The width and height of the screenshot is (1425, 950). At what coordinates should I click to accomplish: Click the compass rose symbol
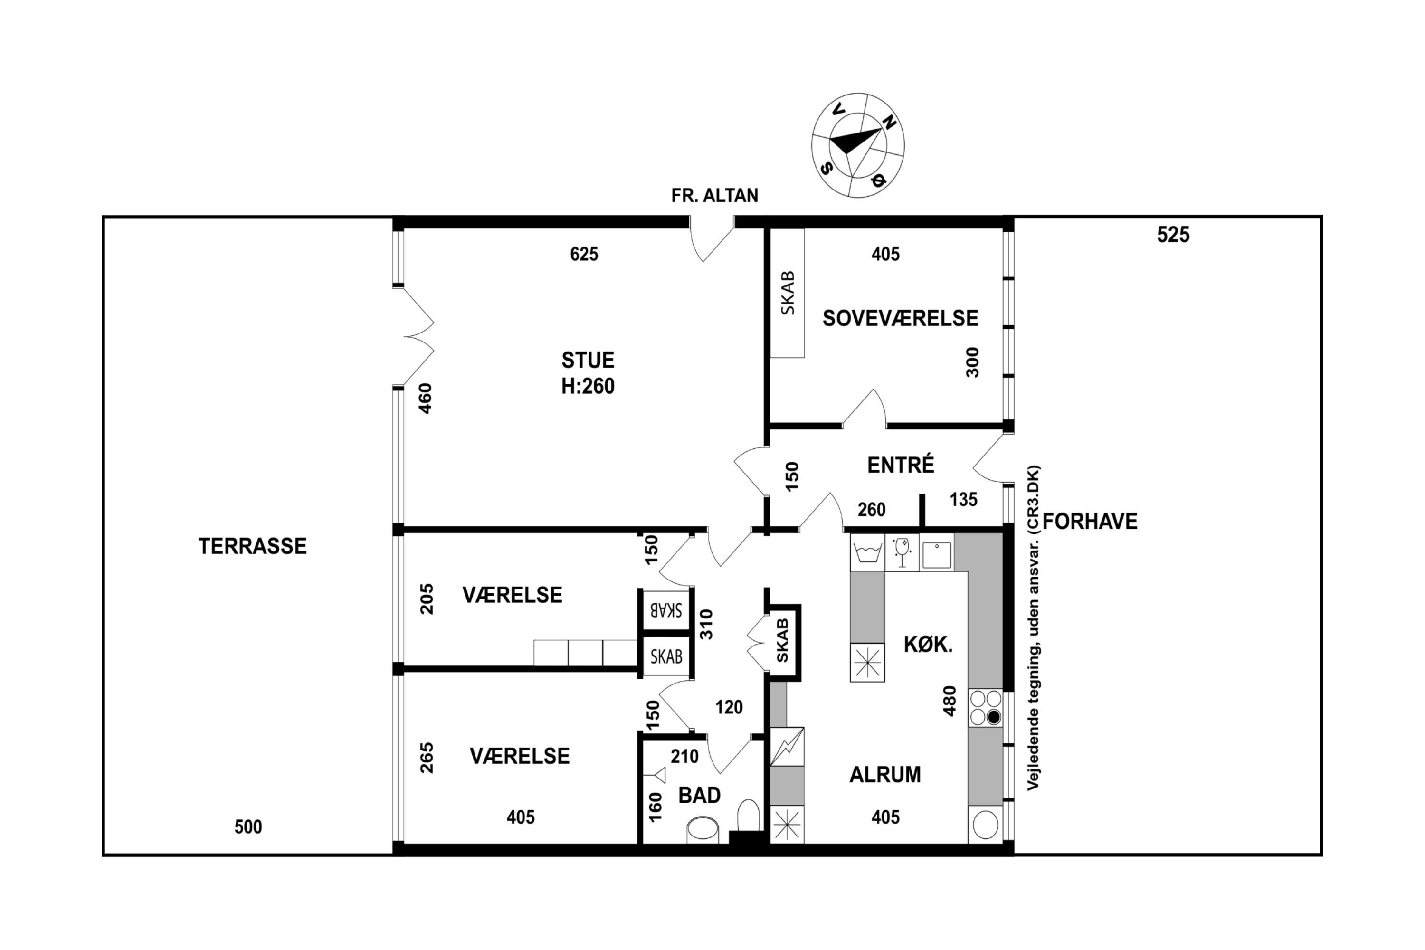(857, 145)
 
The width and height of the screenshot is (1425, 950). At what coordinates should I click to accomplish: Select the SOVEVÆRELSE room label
(900, 318)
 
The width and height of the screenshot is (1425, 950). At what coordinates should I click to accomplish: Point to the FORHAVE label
(1090, 521)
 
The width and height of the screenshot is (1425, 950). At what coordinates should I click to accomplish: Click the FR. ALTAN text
(714, 195)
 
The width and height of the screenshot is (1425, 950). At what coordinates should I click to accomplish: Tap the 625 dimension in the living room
(584, 254)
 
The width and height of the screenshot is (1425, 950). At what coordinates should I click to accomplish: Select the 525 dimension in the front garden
(1173, 235)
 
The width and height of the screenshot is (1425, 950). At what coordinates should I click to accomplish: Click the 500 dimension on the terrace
(248, 826)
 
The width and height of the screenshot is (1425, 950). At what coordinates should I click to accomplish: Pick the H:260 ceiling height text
(588, 386)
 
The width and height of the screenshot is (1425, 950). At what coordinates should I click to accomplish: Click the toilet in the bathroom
(748, 816)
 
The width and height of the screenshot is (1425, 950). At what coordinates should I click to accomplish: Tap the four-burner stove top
(986, 708)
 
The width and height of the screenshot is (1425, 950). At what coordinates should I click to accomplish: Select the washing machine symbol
(868, 552)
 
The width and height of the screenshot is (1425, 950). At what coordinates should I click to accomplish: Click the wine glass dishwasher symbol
(902, 552)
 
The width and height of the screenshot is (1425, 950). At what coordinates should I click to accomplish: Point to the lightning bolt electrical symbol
(787, 746)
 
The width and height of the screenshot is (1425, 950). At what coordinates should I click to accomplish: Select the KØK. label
(928, 644)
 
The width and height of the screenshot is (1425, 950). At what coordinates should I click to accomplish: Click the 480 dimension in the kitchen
(950, 701)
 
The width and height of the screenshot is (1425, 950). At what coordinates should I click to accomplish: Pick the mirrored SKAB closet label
(666, 609)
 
